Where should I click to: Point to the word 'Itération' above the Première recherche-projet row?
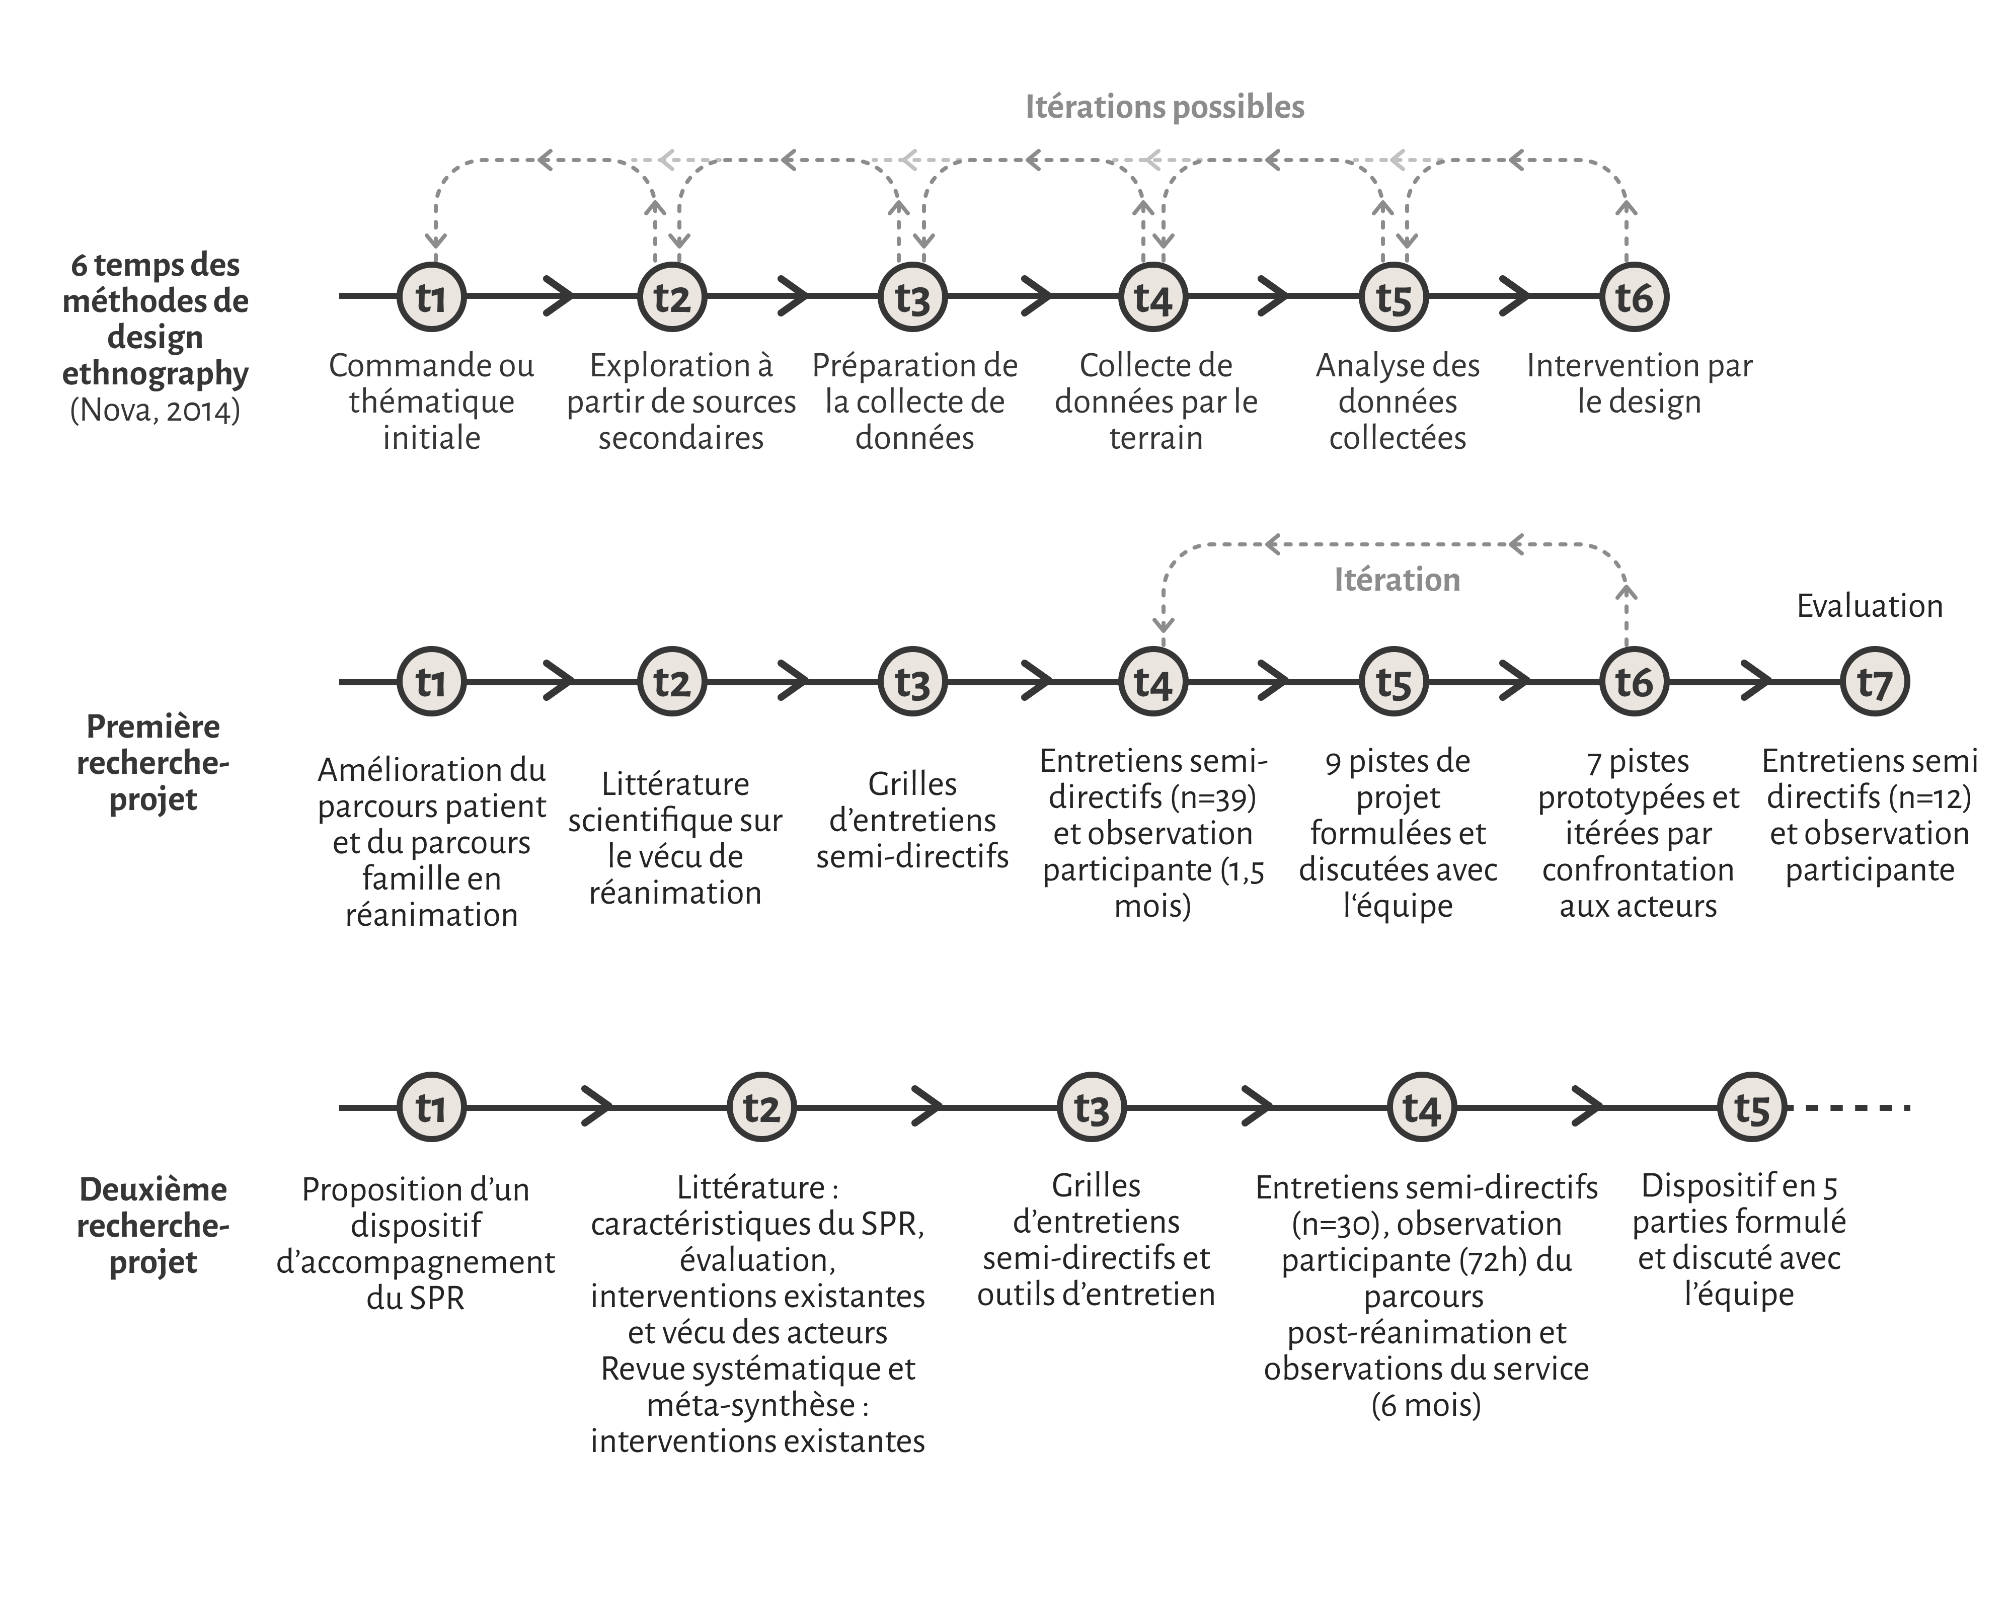coord(1397,580)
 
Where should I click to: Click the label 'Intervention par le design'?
coord(1639,383)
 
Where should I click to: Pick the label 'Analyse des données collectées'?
coord(1398,401)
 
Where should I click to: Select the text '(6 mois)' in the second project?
coord(1425,1405)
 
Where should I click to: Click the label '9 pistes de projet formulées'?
coord(1398,797)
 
